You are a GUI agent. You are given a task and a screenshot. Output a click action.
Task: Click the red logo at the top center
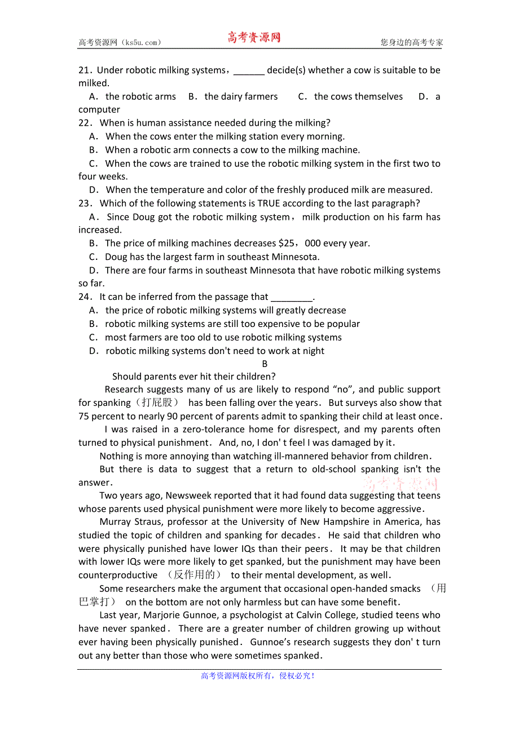click(254, 38)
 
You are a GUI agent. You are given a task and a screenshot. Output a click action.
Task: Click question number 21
click(84, 70)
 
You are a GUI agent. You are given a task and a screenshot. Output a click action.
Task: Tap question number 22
click(84, 123)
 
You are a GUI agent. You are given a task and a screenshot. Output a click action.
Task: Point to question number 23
click(84, 204)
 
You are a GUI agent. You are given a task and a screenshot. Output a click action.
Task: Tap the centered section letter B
click(265, 364)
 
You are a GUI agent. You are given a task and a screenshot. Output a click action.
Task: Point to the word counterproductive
click(118, 576)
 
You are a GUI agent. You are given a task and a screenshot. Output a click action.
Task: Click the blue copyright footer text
click(258, 676)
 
